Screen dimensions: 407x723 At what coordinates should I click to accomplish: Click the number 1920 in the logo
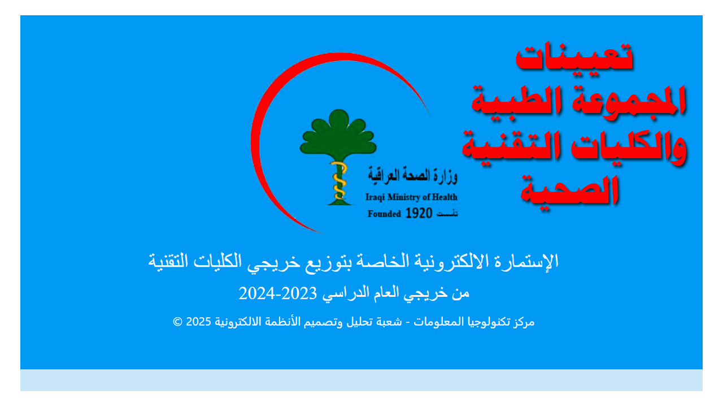click(x=420, y=214)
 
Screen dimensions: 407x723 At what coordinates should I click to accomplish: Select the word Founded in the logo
click(x=384, y=214)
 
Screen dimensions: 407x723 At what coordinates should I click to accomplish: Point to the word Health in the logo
click(x=445, y=197)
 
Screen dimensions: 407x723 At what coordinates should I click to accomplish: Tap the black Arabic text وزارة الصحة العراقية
click(x=412, y=176)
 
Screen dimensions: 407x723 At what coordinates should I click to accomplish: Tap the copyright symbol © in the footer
click(x=177, y=322)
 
